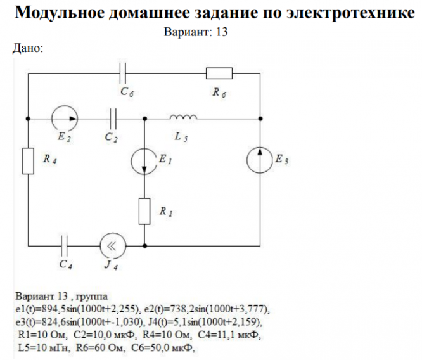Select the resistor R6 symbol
(219, 74)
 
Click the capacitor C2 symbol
(113, 118)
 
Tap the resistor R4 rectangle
(28, 161)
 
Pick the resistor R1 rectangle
(144, 211)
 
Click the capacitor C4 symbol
(64, 245)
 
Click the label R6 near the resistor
(219, 93)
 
